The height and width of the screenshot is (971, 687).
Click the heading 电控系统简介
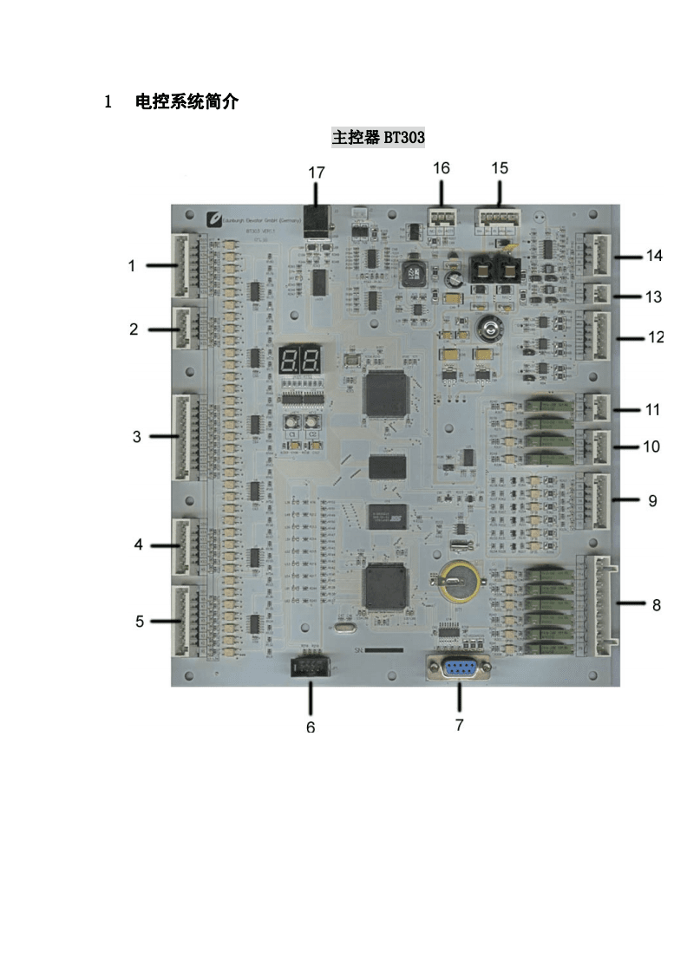pyautogui.click(x=186, y=102)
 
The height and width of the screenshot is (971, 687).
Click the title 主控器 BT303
pyautogui.click(x=378, y=138)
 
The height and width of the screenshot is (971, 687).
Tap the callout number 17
pyautogui.click(x=317, y=173)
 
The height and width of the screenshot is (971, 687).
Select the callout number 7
pyautogui.click(x=459, y=725)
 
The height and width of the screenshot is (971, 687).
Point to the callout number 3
pyautogui.click(x=136, y=437)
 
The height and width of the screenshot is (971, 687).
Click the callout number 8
pyautogui.click(x=656, y=605)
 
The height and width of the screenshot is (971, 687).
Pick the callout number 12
pyautogui.click(x=656, y=337)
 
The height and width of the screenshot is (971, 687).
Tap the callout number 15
pyautogui.click(x=500, y=167)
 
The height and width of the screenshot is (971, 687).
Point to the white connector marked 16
pyautogui.click(x=442, y=218)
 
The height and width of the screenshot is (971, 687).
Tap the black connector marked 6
pyautogui.click(x=311, y=668)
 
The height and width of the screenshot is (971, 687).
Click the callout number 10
pyautogui.click(x=651, y=446)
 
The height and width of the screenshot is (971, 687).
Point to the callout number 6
pyautogui.click(x=311, y=727)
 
